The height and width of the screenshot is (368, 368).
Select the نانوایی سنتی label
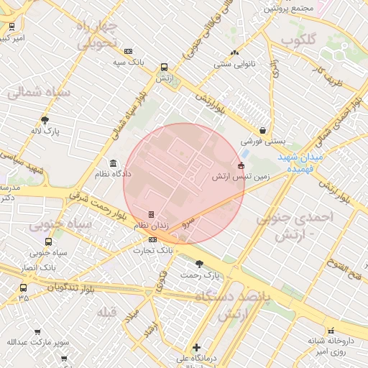point(234,64)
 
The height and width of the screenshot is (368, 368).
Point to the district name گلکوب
point(298,41)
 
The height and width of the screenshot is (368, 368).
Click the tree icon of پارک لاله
point(45,120)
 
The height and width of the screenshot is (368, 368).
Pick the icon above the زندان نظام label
point(151,214)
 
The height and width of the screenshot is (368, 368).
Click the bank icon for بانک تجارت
point(152,239)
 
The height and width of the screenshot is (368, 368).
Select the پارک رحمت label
point(199,275)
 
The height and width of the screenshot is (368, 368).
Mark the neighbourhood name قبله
point(107,311)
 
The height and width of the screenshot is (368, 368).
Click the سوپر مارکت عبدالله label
point(38,342)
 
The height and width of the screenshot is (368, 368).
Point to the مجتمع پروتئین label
point(289,9)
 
